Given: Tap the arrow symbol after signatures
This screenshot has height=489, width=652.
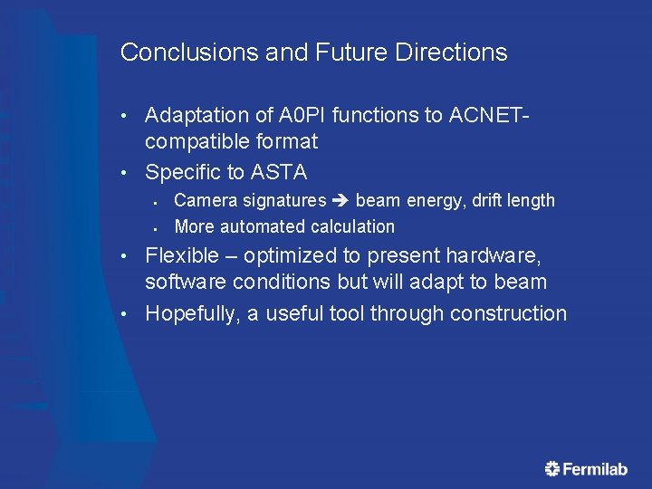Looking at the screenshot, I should tap(341, 200).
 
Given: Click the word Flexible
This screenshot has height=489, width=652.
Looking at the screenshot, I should tap(181, 256).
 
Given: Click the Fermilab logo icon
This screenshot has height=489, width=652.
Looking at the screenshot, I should tap(552, 468).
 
